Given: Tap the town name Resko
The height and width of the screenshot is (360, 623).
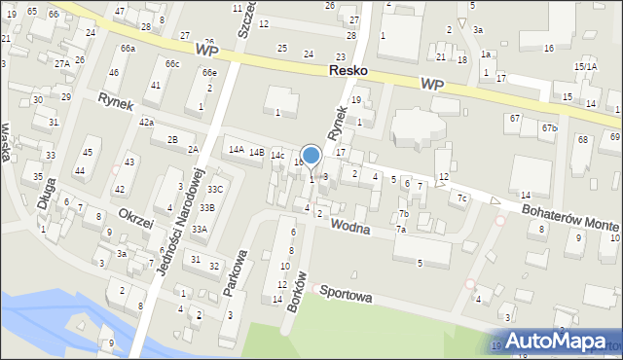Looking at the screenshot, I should pyautogui.click(x=348, y=72).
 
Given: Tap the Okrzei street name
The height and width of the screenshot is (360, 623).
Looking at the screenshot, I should pyautogui.click(x=135, y=218).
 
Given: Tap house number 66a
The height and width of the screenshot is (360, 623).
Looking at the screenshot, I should pyautogui.click(x=128, y=48).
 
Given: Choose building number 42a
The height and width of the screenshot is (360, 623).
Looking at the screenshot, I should pyautogui.click(x=146, y=122).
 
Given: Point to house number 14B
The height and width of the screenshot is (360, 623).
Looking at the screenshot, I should pyautogui.click(x=256, y=152).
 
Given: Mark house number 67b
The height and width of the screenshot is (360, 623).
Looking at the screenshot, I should pyautogui.click(x=550, y=127).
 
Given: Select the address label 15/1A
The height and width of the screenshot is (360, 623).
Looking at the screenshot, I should pyautogui.click(x=585, y=66).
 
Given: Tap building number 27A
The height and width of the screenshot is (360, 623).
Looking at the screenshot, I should pyautogui.click(x=61, y=63).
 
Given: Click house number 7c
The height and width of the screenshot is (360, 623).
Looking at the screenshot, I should pyautogui.click(x=462, y=198).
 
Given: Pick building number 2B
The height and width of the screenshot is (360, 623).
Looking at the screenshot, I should pyautogui.click(x=172, y=140).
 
